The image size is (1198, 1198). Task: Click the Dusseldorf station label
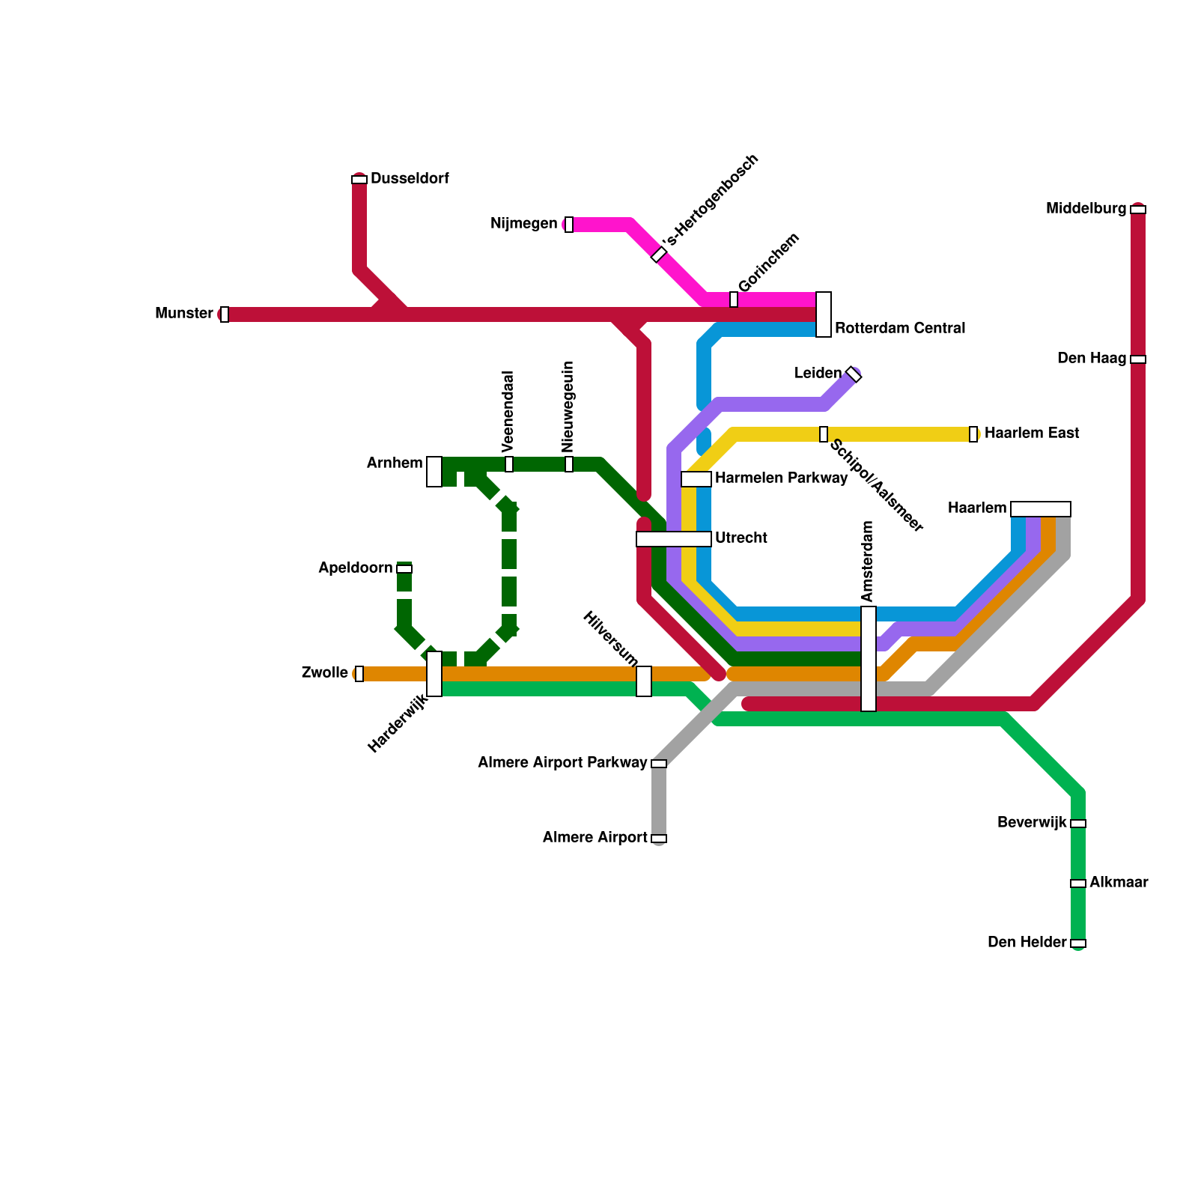[410, 179]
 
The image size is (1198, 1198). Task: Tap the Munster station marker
[224, 314]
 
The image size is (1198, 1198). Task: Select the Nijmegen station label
[523, 224]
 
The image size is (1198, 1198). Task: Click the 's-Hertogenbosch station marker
[659, 255]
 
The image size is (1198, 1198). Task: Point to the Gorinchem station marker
[734, 299]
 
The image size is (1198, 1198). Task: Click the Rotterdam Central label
[899, 329]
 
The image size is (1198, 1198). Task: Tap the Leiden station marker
[854, 374]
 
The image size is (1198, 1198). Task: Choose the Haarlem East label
[1031, 434]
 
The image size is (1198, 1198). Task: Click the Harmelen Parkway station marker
[696, 479]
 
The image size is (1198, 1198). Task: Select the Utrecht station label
[741, 538]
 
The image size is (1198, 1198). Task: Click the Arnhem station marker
[434, 472]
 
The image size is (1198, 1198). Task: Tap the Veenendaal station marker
[509, 464]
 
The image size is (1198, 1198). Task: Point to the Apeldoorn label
[355, 568]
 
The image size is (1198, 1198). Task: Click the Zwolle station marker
[359, 674]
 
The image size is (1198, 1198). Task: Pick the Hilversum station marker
[644, 681]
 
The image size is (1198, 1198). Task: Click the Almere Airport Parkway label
[562, 763]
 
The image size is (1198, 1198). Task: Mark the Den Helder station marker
[1078, 943]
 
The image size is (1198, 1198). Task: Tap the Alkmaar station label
[1118, 883]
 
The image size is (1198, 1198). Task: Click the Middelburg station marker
[1138, 210]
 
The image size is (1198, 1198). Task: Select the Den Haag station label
[1091, 359]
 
